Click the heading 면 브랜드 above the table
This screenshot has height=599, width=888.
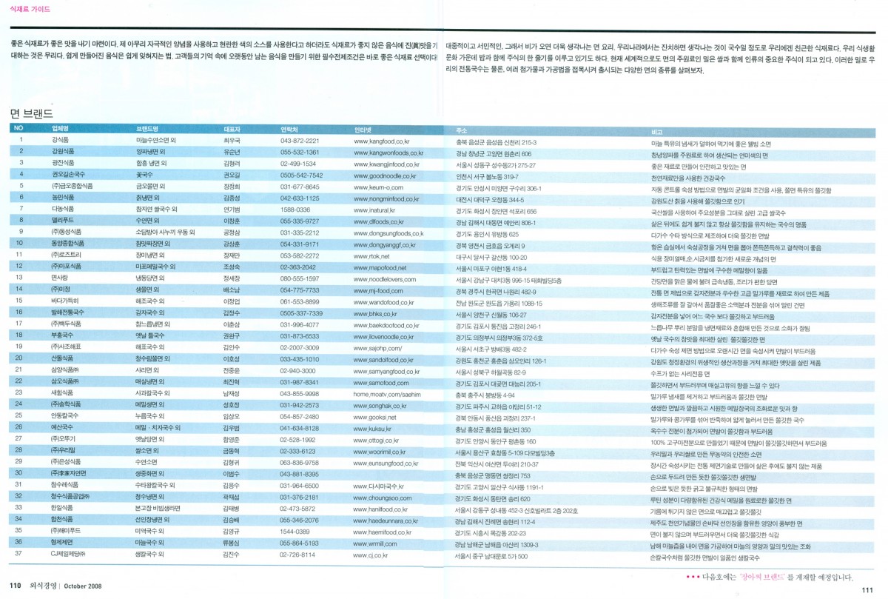click(32, 113)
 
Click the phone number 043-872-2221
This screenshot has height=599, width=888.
click(300, 140)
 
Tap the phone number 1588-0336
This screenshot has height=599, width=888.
click(295, 210)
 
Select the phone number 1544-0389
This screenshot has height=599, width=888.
click(295, 532)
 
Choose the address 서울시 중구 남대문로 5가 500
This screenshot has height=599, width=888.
click(491, 556)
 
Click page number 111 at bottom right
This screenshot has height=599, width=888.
click(867, 589)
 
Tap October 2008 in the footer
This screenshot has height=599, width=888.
click(81, 586)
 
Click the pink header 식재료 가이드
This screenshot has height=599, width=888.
click(30, 9)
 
